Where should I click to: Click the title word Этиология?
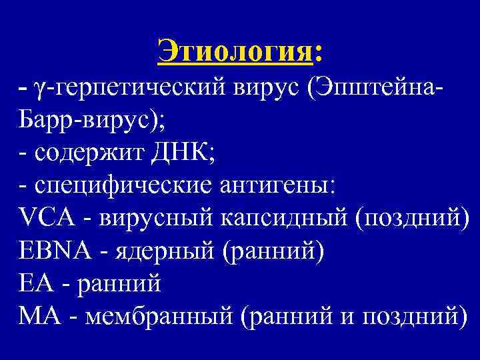[x=235, y=51]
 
